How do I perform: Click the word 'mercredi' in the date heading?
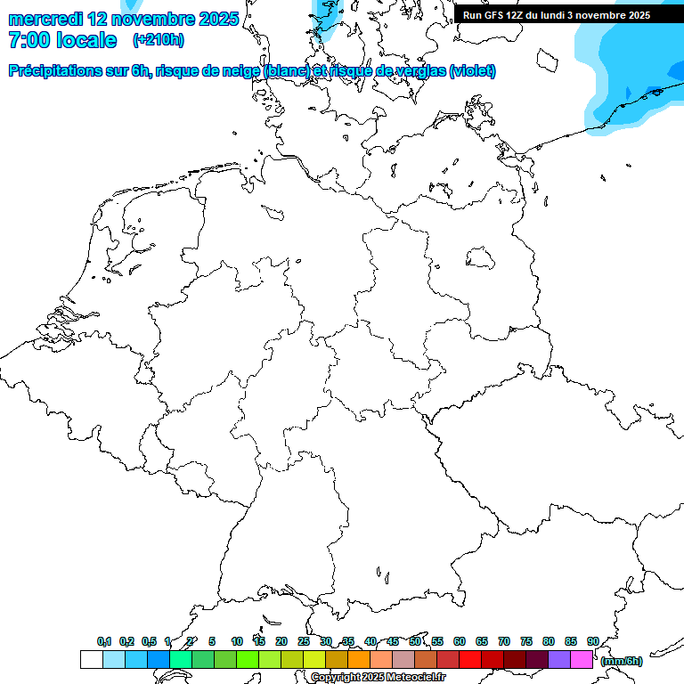pyautogui.click(x=45, y=18)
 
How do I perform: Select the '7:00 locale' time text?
pyautogui.click(x=62, y=40)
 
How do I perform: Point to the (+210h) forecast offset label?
pyautogui.click(x=158, y=40)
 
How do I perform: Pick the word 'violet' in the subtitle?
pyautogui.click(x=472, y=71)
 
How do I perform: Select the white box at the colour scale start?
pyautogui.click(x=91, y=659)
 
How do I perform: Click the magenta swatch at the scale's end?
pyautogui.click(x=582, y=659)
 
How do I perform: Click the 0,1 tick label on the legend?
pyautogui.click(x=104, y=642)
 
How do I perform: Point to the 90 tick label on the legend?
pyautogui.click(x=593, y=642)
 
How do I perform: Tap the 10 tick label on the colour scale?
pyautogui.click(x=237, y=642)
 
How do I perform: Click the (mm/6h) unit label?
pyautogui.click(x=622, y=661)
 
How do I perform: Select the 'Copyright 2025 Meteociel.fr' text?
pyautogui.click(x=379, y=678)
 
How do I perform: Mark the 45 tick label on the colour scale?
pyautogui.click(x=393, y=642)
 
